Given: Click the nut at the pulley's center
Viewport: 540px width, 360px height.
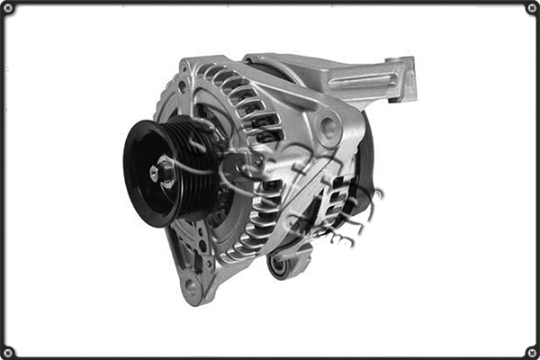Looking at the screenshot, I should [166, 172].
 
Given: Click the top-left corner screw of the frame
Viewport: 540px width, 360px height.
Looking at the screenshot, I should [7, 7].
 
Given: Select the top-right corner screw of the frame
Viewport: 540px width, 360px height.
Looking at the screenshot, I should [532, 7].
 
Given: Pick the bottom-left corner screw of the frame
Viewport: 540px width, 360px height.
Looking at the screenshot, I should [7, 352].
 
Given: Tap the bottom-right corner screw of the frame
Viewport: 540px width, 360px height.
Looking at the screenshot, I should [532, 352].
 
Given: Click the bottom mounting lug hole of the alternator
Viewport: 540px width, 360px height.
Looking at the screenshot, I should [191, 286].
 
